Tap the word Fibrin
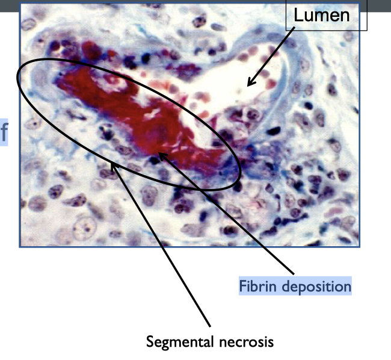[x=257, y=285]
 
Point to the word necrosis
[x=247, y=342]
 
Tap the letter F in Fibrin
[x=243, y=285]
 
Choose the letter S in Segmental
[x=150, y=342]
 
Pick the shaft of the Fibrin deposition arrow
[x=229, y=214]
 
